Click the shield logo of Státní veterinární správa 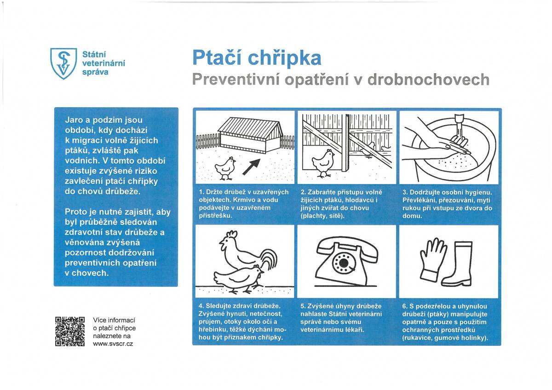pos(63,63)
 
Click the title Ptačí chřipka pos(256,57)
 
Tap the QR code pos(70,331)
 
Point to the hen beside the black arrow pos(226,168)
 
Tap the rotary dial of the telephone pos(343,264)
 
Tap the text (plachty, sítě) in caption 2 pos(322,216)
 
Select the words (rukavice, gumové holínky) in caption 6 pos(444,338)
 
